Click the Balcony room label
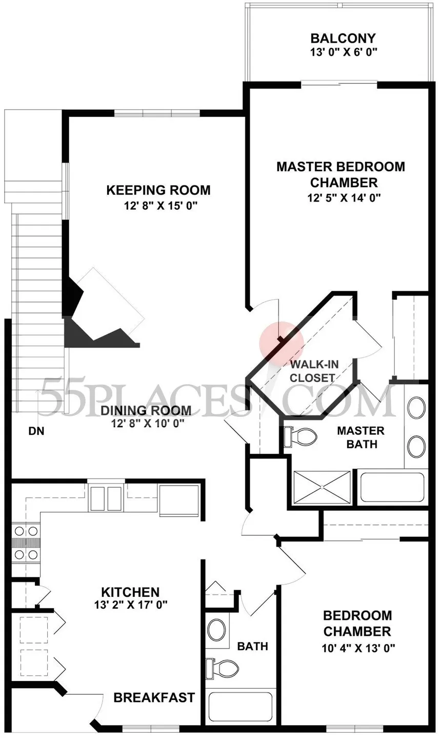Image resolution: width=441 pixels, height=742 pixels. tap(343, 38)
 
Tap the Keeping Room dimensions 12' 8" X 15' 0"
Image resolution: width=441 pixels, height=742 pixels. tap(161, 206)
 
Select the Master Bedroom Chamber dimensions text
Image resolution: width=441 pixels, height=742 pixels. tap(344, 198)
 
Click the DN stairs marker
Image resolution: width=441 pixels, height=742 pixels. tap(36, 431)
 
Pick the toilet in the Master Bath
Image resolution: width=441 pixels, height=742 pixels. tap(300, 437)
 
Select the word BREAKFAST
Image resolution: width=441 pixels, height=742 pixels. tap(154, 697)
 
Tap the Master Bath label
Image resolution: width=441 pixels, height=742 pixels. tap(361, 437)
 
